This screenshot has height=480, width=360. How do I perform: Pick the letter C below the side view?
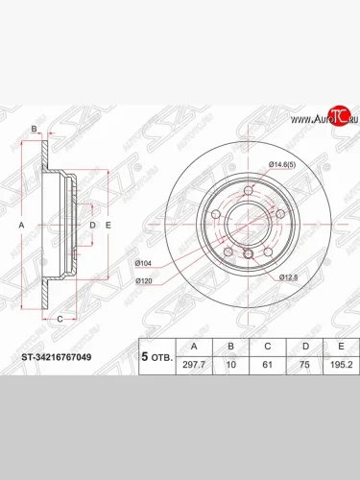59,318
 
